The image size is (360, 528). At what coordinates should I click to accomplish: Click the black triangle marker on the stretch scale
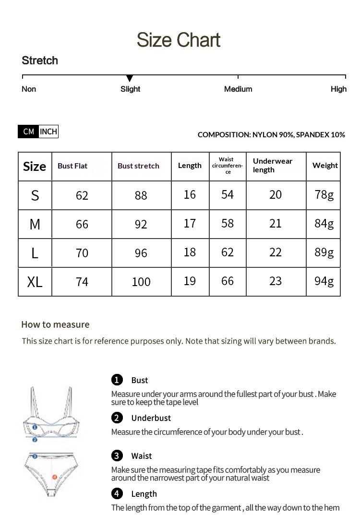point(130,78)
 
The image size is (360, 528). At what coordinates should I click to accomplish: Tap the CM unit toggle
point(28,132)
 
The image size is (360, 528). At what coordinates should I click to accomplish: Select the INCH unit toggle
point(48,132)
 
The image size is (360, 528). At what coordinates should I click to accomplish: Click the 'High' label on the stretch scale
point(338,89)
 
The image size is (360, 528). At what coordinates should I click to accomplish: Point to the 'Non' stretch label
point(29,89)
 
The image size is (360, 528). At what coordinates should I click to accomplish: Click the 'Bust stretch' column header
point(138,166)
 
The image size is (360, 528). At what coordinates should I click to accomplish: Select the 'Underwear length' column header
point(273,165)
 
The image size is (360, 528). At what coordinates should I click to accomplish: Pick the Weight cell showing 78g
point(324,194)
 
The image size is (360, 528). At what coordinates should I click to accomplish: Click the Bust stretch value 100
point(141,282)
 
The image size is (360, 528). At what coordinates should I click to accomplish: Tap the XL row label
point(35,282)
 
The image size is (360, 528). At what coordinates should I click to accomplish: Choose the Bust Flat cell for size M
point(82,224)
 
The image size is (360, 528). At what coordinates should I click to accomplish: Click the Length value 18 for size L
point(190,252)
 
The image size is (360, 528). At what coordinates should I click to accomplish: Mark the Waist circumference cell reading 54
point(228,194)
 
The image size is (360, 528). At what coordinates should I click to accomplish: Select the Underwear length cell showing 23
point(276,281)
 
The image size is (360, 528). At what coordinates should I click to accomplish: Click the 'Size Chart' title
point(179,40)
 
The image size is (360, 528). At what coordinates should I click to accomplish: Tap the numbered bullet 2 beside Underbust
point(117,418)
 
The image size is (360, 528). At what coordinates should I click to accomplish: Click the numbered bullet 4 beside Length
point(117,493)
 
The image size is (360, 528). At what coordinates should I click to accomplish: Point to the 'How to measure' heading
point(55,324)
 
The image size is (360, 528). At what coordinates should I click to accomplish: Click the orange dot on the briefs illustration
point(54,478)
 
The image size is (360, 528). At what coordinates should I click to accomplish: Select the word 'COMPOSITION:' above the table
point(224,134)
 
